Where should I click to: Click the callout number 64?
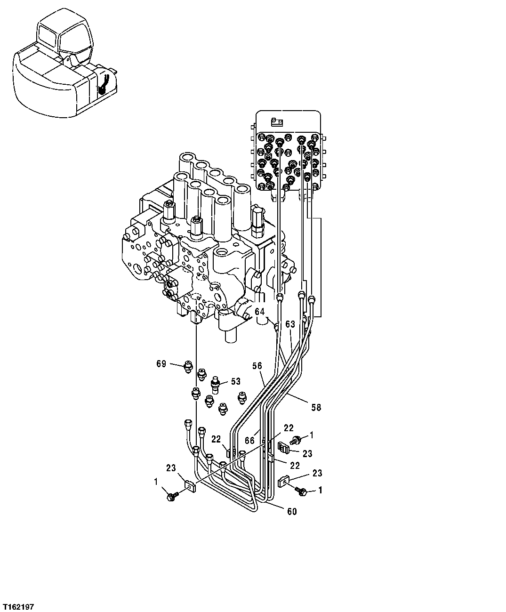260,311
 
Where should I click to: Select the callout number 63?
290,324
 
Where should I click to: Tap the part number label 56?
257,366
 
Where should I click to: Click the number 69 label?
161,364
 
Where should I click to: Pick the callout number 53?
235,381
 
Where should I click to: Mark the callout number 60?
292,512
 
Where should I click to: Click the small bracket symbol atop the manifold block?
276,122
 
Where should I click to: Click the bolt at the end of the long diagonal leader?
170,496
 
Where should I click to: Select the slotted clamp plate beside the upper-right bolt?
283,448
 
